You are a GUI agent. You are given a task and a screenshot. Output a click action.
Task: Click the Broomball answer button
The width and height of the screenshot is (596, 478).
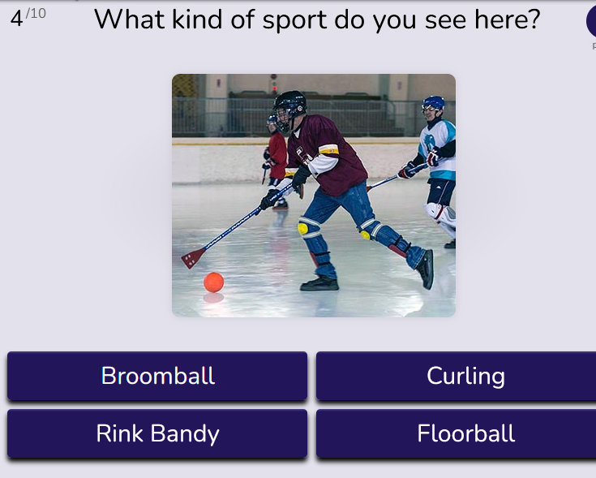[157, 376]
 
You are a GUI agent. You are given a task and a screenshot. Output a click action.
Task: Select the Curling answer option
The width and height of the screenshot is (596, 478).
[456, 376]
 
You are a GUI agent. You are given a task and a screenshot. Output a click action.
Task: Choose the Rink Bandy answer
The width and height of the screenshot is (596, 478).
[157, 433]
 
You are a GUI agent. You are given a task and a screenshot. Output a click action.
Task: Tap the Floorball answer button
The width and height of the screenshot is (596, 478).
[456, 433]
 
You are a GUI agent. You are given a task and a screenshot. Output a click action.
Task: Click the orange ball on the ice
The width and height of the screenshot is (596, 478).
[213, 282]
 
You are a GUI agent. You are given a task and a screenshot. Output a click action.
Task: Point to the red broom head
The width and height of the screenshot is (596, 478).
[194, 258]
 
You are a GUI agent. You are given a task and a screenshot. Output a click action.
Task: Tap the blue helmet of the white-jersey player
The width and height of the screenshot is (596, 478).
[433, 103]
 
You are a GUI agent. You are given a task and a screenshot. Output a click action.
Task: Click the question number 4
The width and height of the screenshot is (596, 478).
[16, 19]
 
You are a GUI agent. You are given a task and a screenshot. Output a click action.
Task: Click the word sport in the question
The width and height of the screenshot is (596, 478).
[294, 19]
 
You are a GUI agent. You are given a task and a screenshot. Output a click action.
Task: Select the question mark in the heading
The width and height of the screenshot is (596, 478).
[533, 19]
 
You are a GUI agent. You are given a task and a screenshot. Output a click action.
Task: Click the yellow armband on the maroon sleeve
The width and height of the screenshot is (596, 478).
[328, 149]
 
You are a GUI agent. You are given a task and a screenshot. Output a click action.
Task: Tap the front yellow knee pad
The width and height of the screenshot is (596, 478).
[303, 229]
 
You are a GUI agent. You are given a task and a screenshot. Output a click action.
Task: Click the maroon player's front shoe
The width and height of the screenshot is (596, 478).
[319, 284]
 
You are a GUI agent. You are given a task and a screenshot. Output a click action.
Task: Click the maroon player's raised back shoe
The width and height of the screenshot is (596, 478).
[426, 269]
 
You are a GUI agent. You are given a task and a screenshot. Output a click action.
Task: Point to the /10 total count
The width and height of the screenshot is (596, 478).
[36, 14]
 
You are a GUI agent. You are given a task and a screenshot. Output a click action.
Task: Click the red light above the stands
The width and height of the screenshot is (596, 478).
[274, 88]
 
